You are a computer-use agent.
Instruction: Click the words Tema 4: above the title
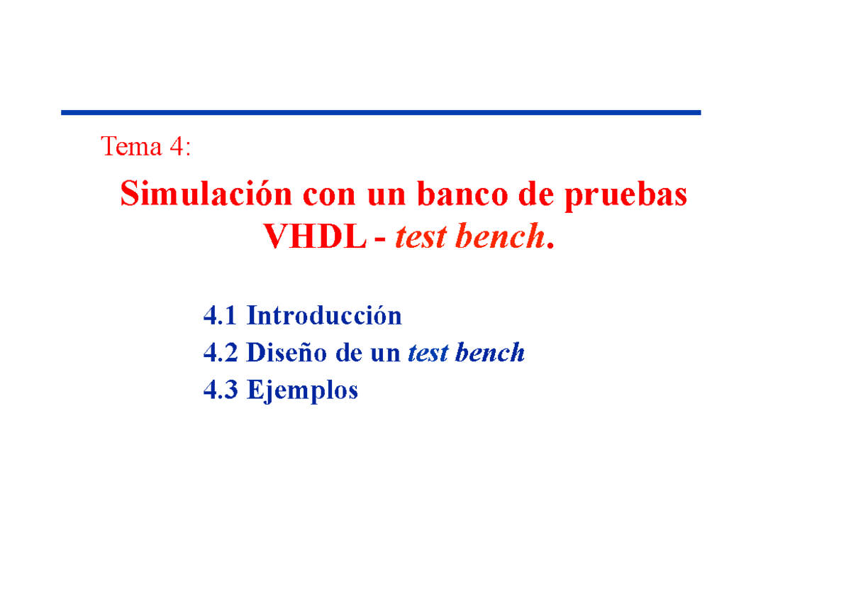(x=145, y=147)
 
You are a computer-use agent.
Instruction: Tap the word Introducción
(x=324, y=315)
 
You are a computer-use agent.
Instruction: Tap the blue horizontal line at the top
(x=381, y=112)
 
